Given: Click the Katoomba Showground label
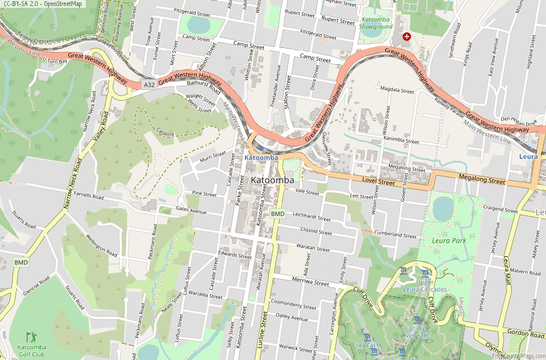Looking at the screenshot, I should tap(375, 23).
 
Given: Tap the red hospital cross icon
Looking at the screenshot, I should tap(407, 37).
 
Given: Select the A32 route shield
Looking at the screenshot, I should tap(149, 86).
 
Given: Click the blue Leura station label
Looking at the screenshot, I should tap(528, 156).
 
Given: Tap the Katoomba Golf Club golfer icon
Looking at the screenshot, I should tap(31, 338).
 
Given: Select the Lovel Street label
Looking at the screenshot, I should tap(379, 180).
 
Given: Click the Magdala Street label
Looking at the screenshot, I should tap(397, 91).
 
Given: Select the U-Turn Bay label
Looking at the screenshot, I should tap(55, 61).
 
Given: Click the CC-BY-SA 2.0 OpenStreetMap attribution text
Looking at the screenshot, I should tap(42, 4).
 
